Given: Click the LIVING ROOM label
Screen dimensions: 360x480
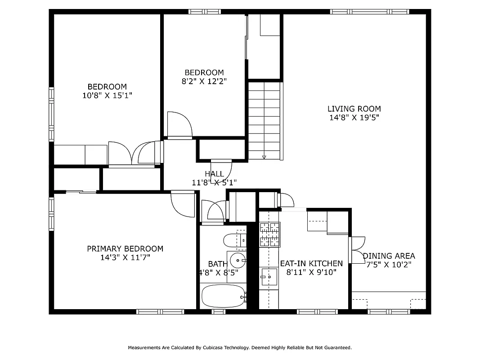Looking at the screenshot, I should tap(354, 108).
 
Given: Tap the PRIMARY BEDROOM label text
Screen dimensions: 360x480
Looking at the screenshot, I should tap(125, 248).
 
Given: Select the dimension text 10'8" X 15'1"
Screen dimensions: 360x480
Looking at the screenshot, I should tap(107, 95).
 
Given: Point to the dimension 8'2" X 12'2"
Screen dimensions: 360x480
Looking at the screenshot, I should tap(204, 81).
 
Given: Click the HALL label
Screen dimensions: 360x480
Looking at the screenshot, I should tap(214, 174).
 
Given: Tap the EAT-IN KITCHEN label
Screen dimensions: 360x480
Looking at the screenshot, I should tap(311, 263).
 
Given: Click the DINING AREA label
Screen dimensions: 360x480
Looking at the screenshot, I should tap(389, 256).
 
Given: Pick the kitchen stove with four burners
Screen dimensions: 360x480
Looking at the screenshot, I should tap(269, 234).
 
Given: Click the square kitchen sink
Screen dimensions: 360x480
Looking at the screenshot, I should tap(269, 277).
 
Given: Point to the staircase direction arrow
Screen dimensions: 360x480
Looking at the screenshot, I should tap(264, 157).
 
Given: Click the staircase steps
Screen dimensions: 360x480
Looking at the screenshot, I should tap(264, 117).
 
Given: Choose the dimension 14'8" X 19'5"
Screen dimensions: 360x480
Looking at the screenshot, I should tap(354, 118).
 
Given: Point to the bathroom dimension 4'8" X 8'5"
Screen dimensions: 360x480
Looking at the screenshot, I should tap(219, 272).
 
